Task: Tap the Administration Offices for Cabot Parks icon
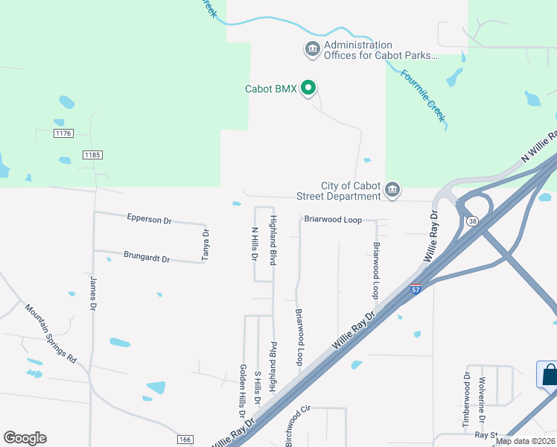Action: tap(312, 50)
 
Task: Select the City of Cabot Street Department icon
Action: tap(392, 191)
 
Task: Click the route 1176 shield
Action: tap(63, 133)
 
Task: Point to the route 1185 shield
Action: tap(92, 154)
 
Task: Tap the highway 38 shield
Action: tap(472, 221)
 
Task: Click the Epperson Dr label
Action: tap(150, 221)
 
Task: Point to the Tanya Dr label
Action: tap(204, 244)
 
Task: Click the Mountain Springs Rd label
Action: tap(51, 332)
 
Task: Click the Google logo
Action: tap(25, 438)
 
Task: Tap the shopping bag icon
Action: tap(549, 373)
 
